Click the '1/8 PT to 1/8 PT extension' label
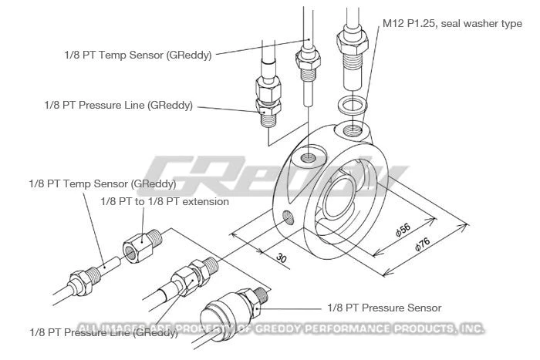(x=164, y=202)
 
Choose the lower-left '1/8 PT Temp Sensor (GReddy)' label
(x=102, y=184)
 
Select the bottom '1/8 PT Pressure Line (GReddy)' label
(x=105, y=333)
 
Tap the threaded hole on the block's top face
(x=309, y=157)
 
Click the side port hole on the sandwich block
(x=288, y=217)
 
